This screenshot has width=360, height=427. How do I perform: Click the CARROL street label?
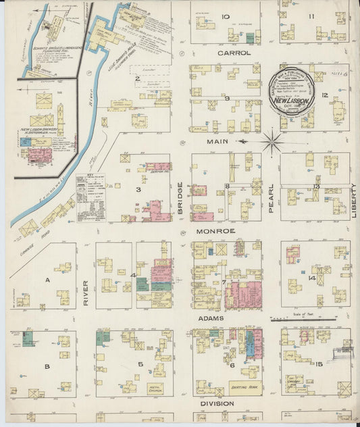[234, 53]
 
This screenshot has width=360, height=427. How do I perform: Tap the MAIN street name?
[215, 142]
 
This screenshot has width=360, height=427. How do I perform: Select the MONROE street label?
[215, 231]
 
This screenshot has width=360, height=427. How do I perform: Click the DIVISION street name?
[216, 403]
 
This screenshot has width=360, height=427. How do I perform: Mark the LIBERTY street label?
[354, 200]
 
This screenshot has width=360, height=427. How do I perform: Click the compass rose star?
[272, 141]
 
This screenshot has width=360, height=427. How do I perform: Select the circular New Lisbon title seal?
[292, 92]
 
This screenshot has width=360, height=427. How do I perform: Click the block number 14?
[312, 278]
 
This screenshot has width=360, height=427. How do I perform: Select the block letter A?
[47, 278]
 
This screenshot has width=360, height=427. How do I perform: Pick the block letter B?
[47, 366]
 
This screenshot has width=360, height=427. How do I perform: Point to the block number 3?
[138, 190]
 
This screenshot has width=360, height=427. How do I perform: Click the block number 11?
[311, 16]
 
